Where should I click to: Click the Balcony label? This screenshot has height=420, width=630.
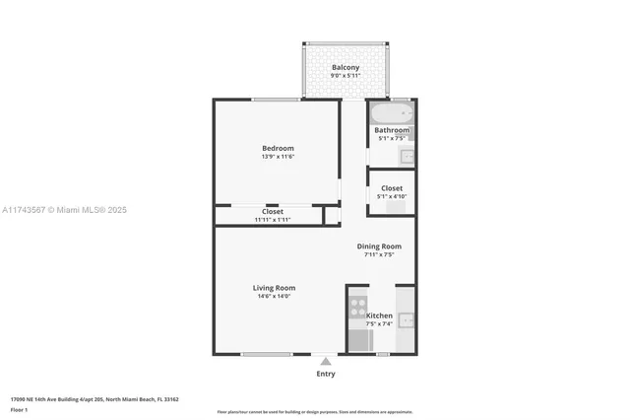click(345, 67)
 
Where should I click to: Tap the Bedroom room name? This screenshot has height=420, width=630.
click(278, 148)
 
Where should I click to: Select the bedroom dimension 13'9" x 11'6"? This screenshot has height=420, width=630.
click(278, 157)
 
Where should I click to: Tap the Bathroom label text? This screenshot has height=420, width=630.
click(392, 130)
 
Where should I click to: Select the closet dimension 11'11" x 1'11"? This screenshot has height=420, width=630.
click(273, 219)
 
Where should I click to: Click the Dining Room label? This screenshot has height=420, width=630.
click(379, 246)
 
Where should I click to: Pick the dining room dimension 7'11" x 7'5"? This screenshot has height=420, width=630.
click(379, 255)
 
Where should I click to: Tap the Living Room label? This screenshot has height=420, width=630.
click(274, 288)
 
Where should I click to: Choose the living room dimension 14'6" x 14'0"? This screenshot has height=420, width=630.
click(274, 297)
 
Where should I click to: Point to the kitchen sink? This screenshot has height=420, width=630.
click(406, 319)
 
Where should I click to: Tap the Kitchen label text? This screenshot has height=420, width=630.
click(379, 315)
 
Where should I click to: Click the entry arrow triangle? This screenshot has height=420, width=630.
click(326, 361)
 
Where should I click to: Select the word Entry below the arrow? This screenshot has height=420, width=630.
click(326, 374)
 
